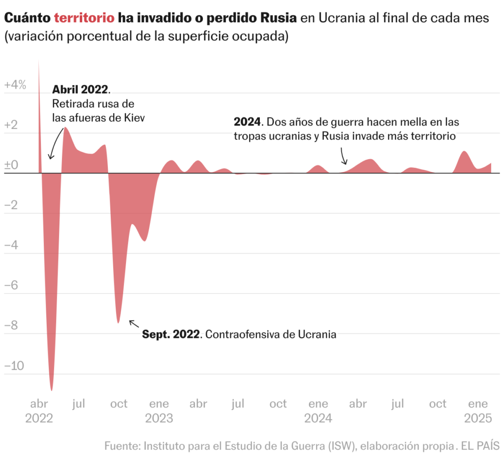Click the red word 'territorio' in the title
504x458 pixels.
[x=84, y=18]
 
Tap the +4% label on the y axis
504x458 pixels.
[x=15, y=85]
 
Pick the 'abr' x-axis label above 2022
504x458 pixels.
[x=39, y=404]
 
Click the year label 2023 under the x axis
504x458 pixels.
[x=159, y=419]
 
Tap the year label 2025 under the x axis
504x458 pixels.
[x=478, y=419]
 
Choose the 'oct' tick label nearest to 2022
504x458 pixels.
[x=119, y=404]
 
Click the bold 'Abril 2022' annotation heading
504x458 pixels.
[x=80, y=90]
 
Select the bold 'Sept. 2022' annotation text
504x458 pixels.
[x=171, y=334]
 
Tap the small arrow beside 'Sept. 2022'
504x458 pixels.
[x=132, y=323]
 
